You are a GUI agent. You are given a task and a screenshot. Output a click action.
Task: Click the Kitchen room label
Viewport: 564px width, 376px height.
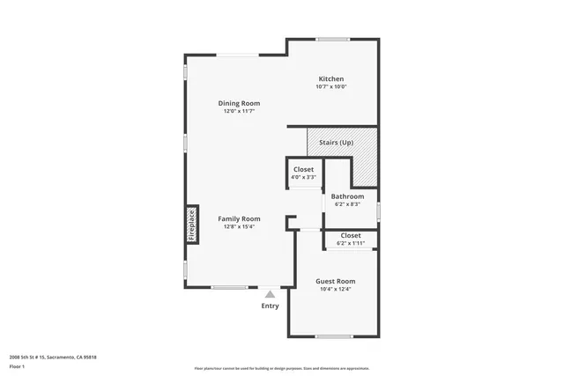coord(331,78)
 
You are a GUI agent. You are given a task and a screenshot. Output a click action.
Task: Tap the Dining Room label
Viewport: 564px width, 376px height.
coord(239,103)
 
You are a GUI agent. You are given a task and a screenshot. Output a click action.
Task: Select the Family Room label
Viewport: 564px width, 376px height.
coord(239,218)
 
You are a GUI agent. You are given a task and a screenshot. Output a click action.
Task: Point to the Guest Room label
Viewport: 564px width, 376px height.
coord(335,281)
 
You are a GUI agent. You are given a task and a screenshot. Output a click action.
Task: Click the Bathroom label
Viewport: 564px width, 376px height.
coord(347,196)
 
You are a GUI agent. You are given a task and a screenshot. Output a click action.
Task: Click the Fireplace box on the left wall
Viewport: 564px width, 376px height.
coord(191,224)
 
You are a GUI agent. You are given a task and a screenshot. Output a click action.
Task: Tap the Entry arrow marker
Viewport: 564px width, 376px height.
coord(270,293)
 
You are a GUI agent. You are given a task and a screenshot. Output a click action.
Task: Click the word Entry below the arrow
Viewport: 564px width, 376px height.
coord(270,306)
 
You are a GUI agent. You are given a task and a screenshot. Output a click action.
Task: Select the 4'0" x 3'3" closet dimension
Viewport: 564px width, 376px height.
coord(303,177)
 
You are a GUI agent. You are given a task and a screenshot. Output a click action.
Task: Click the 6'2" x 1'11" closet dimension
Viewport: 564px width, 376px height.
coord(350,243)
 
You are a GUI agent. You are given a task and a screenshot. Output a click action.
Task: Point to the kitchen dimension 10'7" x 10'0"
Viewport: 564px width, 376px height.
coord(331,86)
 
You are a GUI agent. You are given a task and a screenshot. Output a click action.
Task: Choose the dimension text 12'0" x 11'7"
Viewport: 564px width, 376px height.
coord(239,111)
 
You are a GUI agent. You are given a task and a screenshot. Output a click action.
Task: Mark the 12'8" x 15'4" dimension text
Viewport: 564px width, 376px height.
coord(239,226)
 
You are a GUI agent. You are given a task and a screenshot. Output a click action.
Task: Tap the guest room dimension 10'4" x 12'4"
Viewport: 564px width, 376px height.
coord(335,289)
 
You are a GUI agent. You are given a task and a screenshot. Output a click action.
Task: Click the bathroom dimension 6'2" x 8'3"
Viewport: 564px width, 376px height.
coord(347,204)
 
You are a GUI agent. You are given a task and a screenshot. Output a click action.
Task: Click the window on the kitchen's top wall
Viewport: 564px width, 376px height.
coord(333,39)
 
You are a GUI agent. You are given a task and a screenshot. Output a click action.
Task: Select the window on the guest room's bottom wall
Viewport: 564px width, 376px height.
coord(333,336)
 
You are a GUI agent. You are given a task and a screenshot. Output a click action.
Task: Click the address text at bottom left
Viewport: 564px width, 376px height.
coord(52,357)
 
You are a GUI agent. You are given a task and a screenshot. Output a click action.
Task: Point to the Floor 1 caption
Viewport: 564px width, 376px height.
coord(18,365)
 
